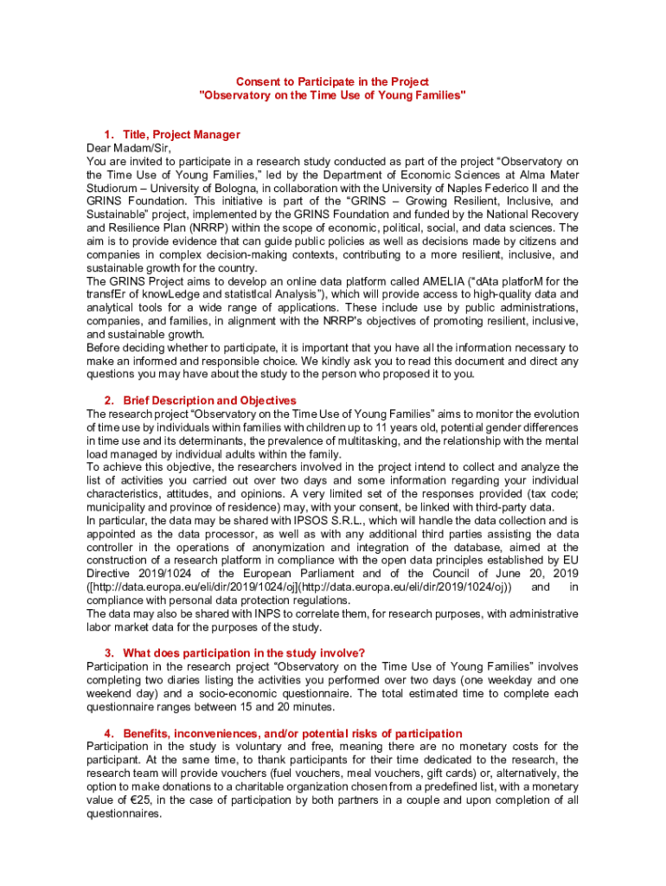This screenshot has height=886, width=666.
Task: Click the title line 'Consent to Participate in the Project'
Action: [333, 81]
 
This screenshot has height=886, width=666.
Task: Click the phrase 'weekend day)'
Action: [122, 693]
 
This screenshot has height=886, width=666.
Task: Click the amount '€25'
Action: [130, 799]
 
